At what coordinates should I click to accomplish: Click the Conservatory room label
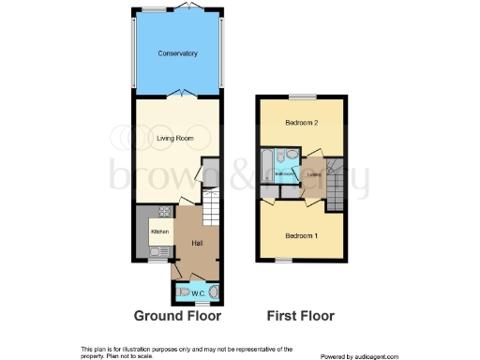click(x=177, y=53)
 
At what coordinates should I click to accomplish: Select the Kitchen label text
click(x=159, y=230)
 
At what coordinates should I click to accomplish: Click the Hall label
click(x=198, y=243)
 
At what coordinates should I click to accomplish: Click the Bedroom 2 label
click(x=302, y=123)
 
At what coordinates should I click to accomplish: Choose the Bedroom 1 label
click(x=302, y=235)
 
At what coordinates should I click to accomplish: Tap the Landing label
click(x=314, y=173)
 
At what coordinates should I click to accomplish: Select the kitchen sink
click(x=158, y=250)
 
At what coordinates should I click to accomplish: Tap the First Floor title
click(x=301, y=316)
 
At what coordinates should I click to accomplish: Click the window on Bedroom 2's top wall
click(x=302, y=96)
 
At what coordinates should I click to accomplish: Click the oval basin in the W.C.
click(x=215, y=292)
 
